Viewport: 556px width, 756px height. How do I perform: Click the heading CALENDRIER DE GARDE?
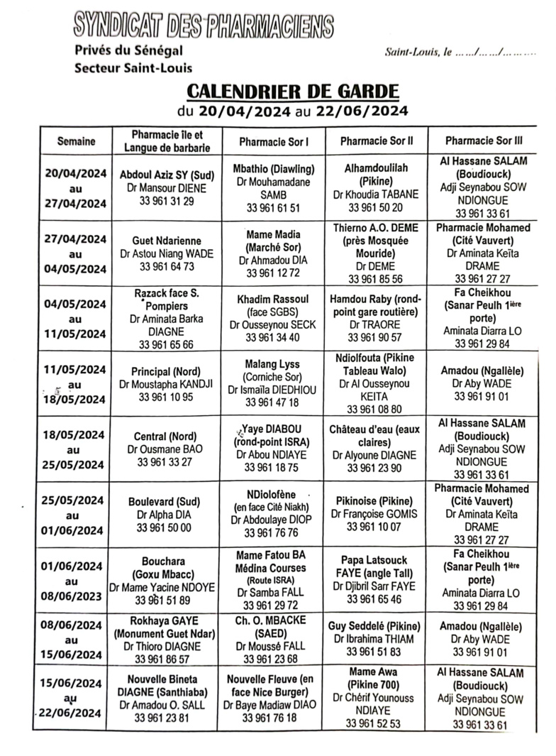[292, 92]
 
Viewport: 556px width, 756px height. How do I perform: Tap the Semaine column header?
[76, 141]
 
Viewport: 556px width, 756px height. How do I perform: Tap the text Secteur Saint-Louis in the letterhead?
[133, 68]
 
